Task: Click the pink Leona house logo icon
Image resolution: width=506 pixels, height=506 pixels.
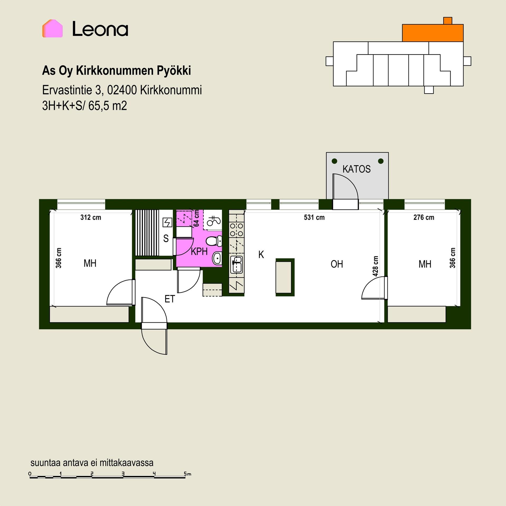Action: (52, 28)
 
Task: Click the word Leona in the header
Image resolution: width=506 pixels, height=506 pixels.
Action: (100, 29)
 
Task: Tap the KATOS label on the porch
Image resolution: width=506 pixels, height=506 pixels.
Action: (357, 169)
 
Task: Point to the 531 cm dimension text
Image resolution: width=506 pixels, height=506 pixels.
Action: (314, 217)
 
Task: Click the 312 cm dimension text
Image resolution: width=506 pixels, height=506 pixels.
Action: (91, 217)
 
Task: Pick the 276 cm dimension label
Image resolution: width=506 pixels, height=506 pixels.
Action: (424, 217)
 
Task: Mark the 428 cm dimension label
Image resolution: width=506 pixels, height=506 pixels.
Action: (376, 266)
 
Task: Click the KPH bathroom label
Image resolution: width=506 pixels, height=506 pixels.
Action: (199, 252)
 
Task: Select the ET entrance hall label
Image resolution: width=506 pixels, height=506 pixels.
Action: (170, 299)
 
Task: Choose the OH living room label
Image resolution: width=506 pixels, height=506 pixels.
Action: (337, 264)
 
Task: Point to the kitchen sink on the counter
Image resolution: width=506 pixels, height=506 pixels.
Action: (236, 265)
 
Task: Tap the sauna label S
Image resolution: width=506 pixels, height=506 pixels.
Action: (166, 239)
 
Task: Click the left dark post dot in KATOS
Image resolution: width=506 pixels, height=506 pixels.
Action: (334, 161)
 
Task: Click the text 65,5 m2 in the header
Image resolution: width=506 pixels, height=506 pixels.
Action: (108, 106)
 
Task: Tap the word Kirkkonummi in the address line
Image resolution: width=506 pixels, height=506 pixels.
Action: (171, 90)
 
